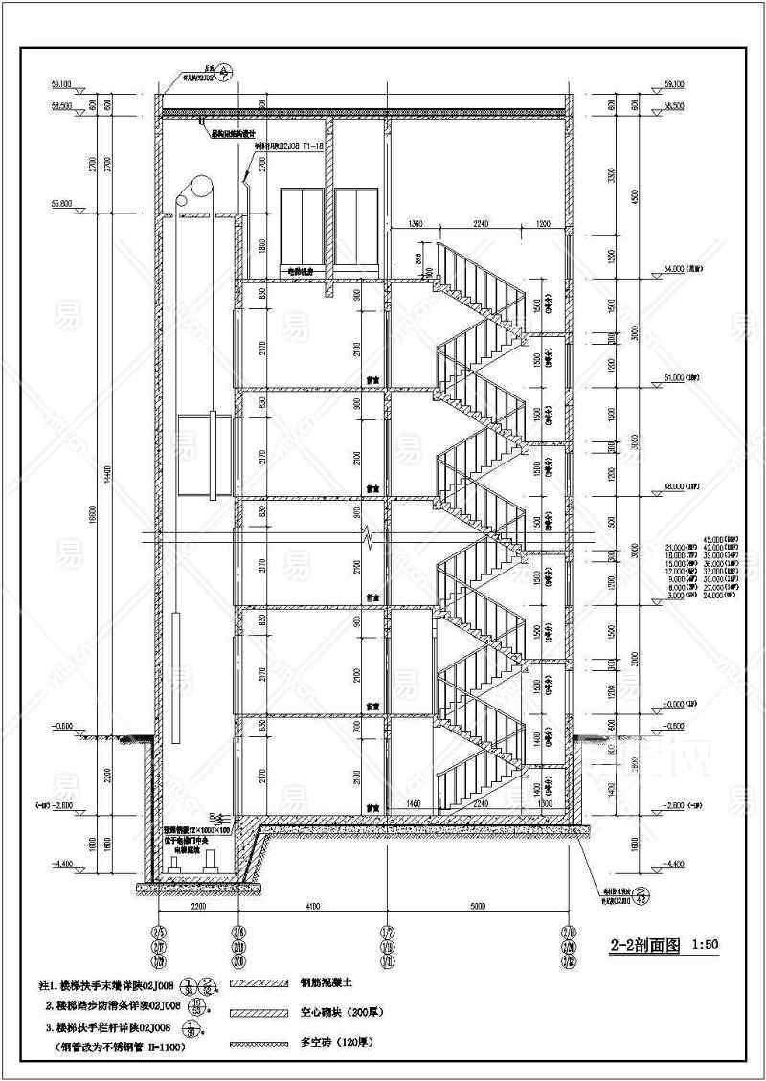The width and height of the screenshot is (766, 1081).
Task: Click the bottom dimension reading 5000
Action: (476, 906)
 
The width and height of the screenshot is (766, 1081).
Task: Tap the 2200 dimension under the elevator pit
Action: (198, 906)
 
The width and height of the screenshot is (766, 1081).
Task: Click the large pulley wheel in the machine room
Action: (201, 187)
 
